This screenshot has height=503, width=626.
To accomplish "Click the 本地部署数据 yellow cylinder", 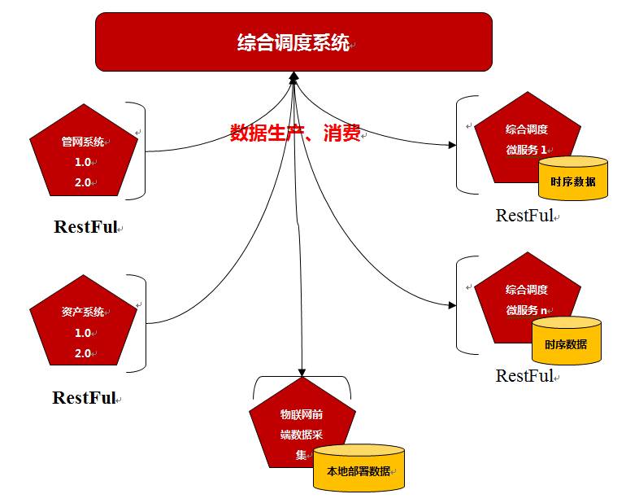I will (x=359, y=470).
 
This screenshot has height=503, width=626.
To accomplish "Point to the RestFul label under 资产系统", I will (x=85, y=397).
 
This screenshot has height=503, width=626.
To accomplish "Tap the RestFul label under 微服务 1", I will (x=524, y=216).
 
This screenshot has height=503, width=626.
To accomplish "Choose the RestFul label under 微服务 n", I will (x=524, y=375).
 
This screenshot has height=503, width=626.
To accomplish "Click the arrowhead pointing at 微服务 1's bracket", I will (x=452, y=146).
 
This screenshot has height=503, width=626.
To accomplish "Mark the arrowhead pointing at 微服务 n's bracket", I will (x=452, y=305).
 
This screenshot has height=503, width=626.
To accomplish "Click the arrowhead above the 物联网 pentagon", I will (x=302, y=373).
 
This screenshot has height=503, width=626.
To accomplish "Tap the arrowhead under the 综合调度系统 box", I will (x=293, y=77).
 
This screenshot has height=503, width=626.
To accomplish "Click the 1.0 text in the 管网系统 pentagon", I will (x=82, y=162).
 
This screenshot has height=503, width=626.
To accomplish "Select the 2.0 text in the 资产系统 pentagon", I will (x=82, y=353).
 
